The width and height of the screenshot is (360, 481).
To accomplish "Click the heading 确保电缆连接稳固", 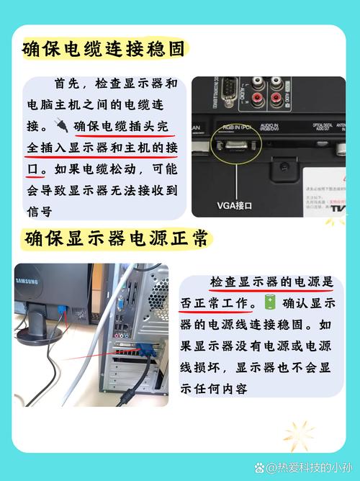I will coord(104,49).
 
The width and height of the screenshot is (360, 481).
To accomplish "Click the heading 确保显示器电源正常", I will coord(115,237).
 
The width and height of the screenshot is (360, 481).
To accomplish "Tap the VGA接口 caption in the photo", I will coord(235,205).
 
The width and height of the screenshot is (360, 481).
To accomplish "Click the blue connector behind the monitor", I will coord(64,312).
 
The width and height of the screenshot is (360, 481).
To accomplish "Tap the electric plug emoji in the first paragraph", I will coord(63,127).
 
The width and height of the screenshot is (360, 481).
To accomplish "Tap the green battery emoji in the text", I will coord(270,302).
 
